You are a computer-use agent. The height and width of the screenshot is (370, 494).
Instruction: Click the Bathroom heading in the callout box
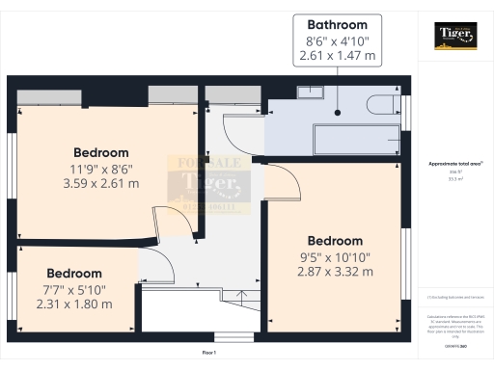(337, 23)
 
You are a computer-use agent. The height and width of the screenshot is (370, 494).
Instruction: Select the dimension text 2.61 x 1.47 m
(337, 57)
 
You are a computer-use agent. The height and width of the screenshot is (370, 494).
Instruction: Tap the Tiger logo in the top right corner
(454, 37)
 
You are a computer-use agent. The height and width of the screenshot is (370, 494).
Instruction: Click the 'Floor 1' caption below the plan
(209, 354)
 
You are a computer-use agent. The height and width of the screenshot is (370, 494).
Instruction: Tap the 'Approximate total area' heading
(453, 164)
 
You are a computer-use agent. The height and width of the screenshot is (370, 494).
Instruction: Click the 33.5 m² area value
(453, 178)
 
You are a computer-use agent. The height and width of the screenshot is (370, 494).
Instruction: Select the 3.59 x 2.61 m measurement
(101, 182)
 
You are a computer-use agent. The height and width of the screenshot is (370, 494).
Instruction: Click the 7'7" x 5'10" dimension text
(74, 289)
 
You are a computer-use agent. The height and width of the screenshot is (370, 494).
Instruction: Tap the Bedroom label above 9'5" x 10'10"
(335, 241)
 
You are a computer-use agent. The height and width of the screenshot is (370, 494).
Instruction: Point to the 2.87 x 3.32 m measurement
(335, 272)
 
